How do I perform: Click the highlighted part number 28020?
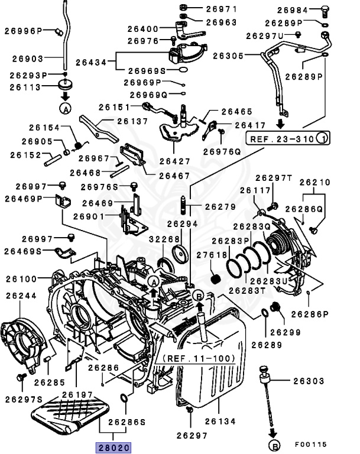click(113, 448)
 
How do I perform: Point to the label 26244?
click(21, 296)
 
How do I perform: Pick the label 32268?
click(164, 239)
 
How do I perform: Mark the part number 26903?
click(27, 59)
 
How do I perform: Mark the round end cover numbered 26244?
click(24, 341)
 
